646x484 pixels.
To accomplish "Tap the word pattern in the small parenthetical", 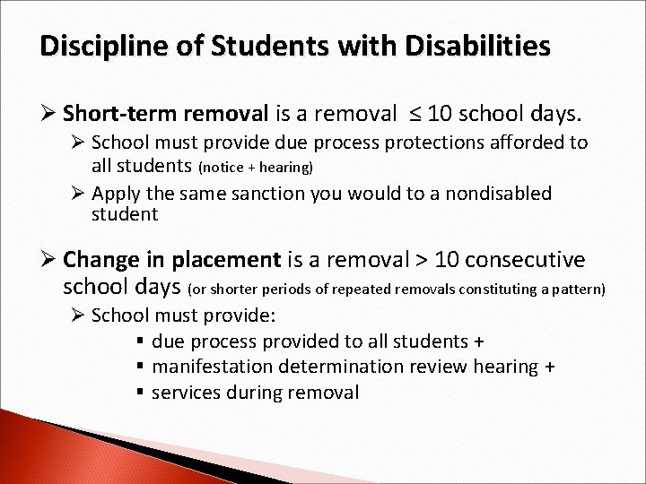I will pyautogui.click(x=581, y=289).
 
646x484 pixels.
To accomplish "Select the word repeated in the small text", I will pyautogui.click(x=380, y=289).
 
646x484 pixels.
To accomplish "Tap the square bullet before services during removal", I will pyautogui.click(x=142, y=392).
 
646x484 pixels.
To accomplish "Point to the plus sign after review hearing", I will pyautogui.click(x=550, y=366).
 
